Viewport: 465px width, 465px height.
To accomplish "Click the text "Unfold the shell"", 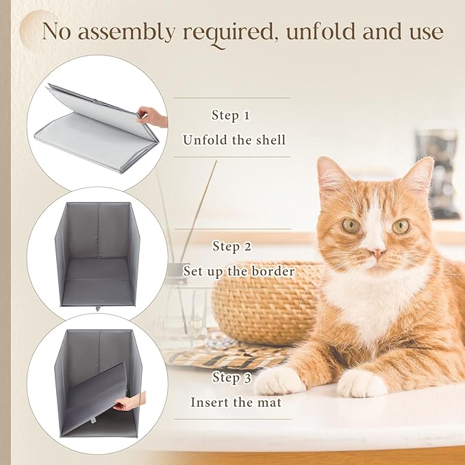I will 234,140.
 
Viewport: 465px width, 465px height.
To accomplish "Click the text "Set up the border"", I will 238,271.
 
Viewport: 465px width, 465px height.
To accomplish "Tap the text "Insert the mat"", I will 235,402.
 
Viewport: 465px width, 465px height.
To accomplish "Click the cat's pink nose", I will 375,254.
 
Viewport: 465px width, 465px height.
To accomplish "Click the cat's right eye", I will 401,225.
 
